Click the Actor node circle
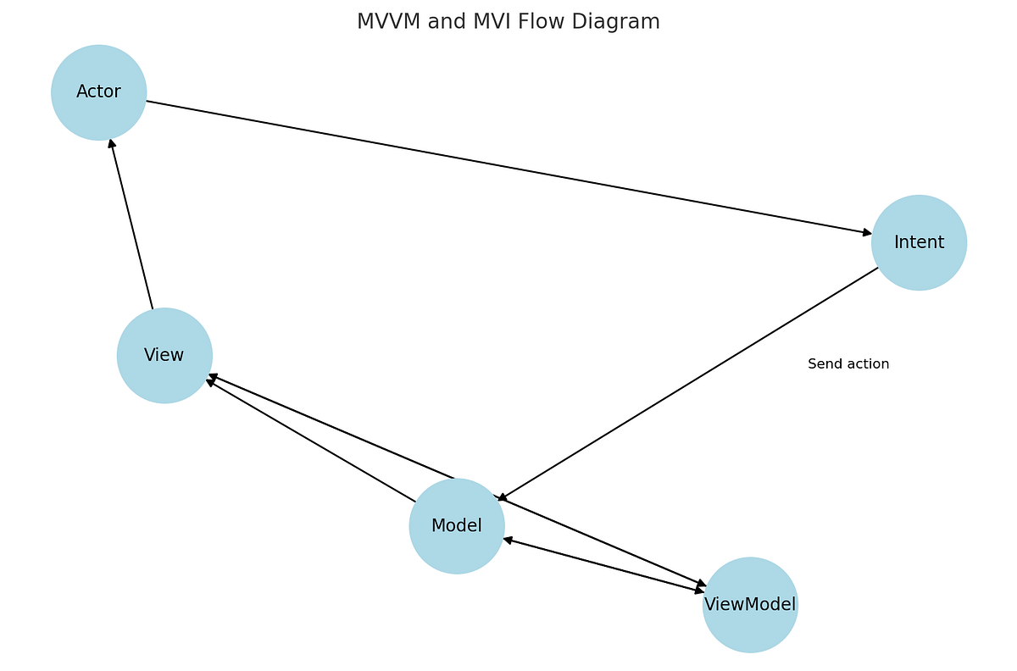point(98,92)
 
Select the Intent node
point(919,242)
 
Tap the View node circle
point(164,355)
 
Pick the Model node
point(456,526)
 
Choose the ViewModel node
point(750,605)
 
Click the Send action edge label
point(847,364)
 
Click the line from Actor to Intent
point(508,167)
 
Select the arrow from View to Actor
point(131,224)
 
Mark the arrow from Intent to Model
point(686,385)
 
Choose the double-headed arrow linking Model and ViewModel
point(603,564)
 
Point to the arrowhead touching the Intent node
point(867,232)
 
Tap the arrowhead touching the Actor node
point(111,144)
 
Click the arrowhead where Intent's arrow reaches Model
point(502,498)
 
